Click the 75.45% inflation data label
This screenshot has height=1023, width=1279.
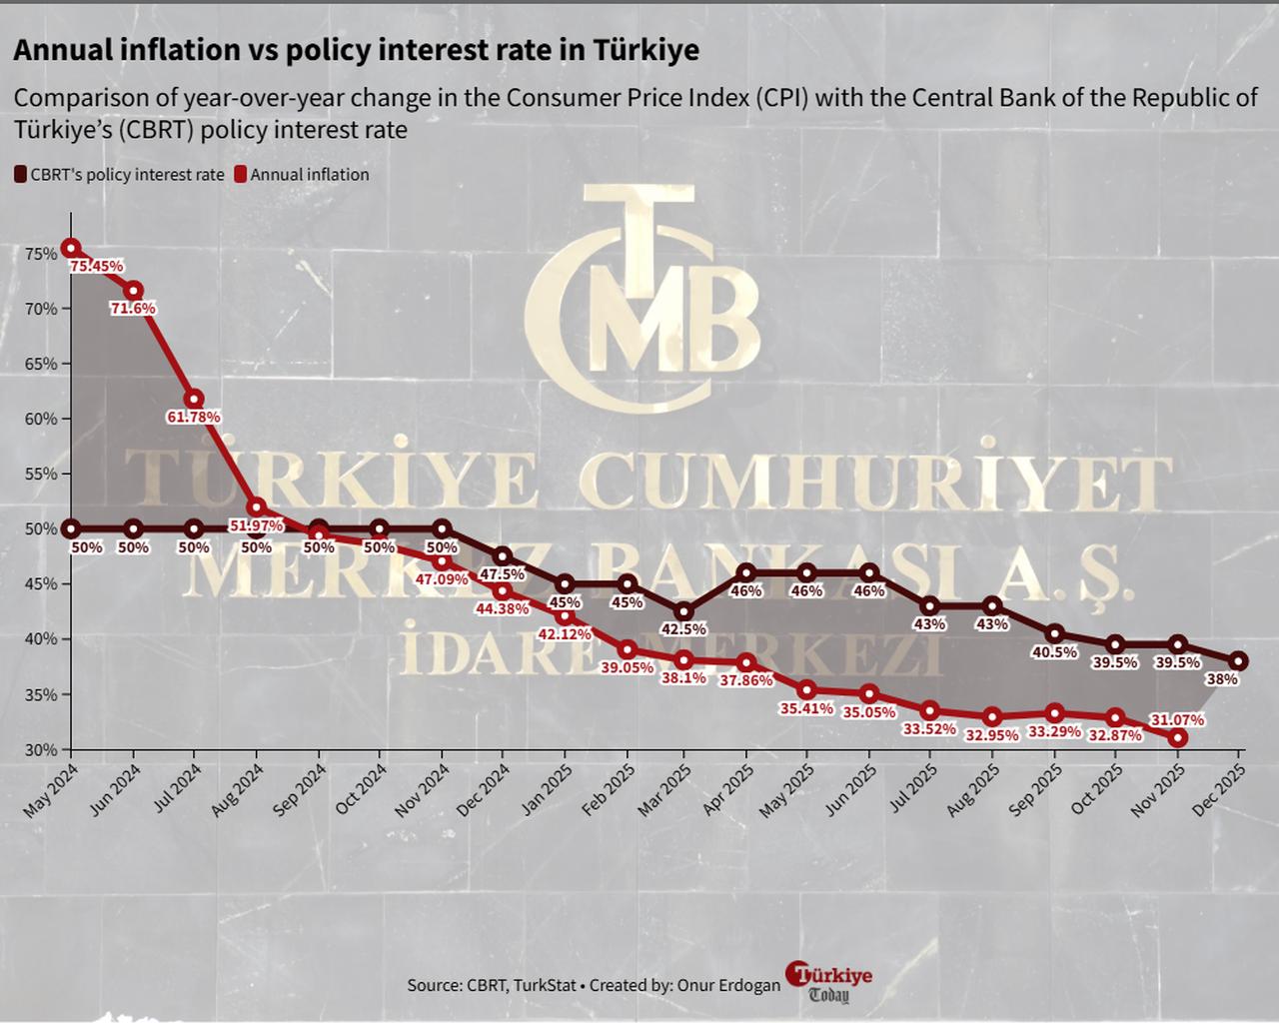coord(97,267)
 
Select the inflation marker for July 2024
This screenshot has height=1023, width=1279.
coord(195,400)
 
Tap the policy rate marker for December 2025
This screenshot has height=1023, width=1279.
coord(1238,661)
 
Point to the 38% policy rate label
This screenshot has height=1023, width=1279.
coord(1222,679)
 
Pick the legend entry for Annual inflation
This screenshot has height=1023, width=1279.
coord(309,175)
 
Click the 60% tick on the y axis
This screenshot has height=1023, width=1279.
coord(41,420)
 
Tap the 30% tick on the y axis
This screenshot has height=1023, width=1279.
coord(41,749)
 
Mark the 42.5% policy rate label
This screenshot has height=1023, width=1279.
coord(684,629)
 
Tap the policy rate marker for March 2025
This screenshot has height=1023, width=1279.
coord(684,611)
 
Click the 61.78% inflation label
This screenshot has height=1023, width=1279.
coord(194,417)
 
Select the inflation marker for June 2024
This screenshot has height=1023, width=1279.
coord(133,291)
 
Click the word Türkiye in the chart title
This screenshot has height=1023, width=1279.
coord(646,50)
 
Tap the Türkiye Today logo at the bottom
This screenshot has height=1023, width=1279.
coord(828,983)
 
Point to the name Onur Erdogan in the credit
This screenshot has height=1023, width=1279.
coord(728,985)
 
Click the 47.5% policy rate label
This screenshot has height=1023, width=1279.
coord(504,574)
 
